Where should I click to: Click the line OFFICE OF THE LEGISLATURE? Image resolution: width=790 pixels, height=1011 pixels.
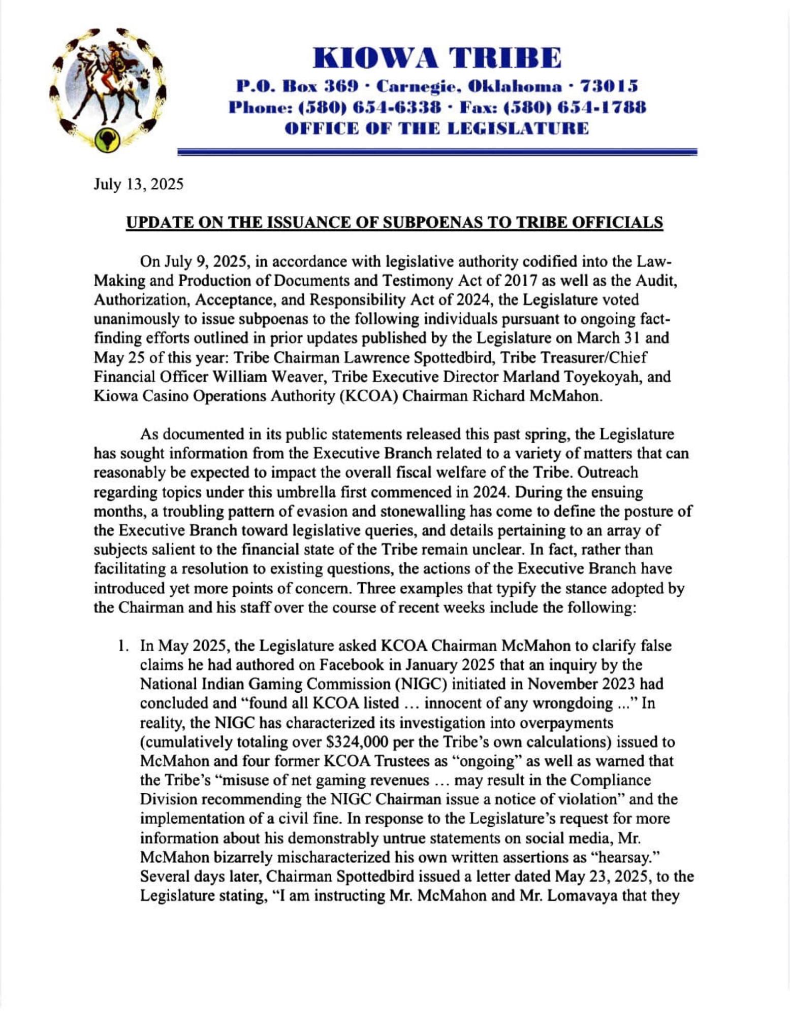pyautogui.click(x=437, y=128)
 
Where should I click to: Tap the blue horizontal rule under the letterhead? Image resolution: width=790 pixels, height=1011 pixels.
pyautogui.click(x=437, y=151)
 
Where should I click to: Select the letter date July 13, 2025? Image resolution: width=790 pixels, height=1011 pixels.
pyautogui.click(x=138, y=184)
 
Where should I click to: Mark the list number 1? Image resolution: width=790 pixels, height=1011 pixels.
pyautogui.click(x=122, y=646)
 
